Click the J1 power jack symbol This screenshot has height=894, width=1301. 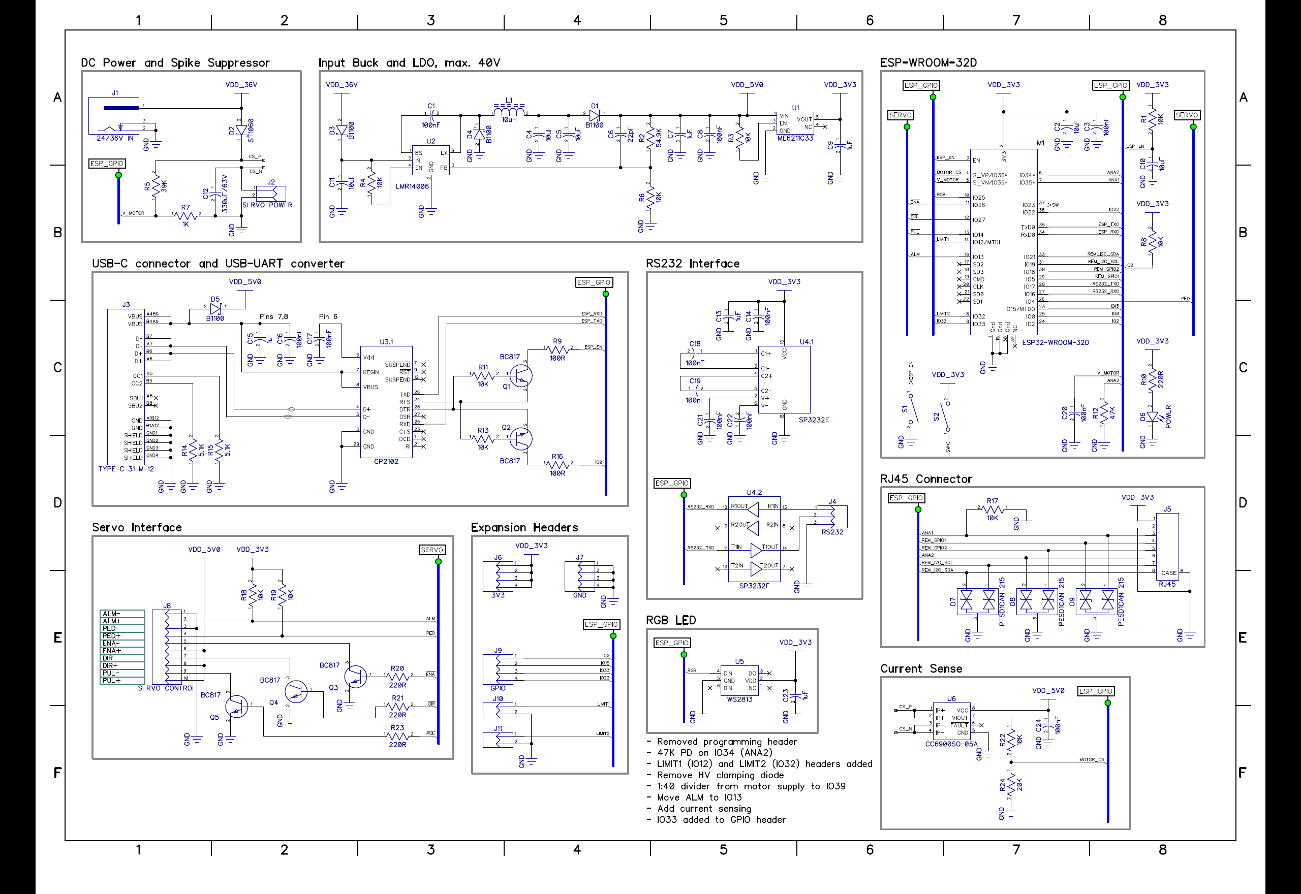(x=114, y=116)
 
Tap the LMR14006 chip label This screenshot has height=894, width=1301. (x=412, y=186)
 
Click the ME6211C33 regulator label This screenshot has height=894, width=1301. (x=794, y=138)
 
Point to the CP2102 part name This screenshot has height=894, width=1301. (x=386, y=462)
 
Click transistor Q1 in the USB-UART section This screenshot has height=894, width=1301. (x=520, y=376)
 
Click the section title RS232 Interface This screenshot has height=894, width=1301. (x=693, y=264)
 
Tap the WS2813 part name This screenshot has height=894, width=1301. (x=739, y=699)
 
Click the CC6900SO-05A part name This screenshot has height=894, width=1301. (x=951, y=745)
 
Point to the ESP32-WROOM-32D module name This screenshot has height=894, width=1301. (x=1055, y=342)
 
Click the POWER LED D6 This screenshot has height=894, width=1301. (x=1152, y=417)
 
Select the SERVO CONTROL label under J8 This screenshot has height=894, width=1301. (x=166, y=688)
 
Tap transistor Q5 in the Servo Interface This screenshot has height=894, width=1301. (x=236, y=707)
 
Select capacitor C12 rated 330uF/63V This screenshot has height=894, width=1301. (x=215, y=193)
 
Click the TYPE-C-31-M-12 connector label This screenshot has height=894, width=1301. (x=126, y=469)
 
